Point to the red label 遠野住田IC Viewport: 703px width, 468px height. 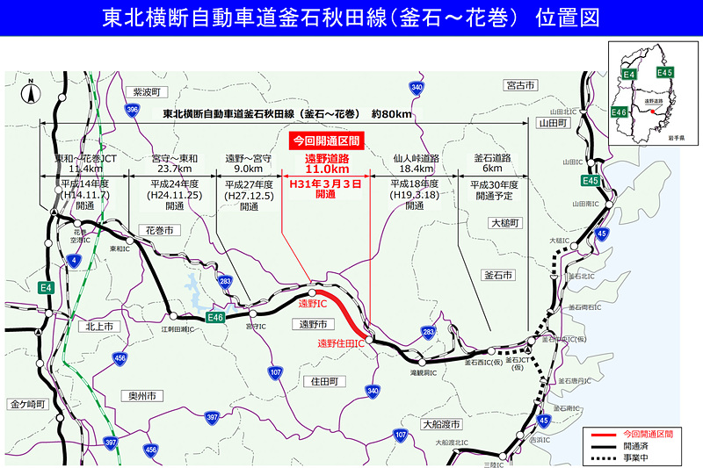(x=341, y=343)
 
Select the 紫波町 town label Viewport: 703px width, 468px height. (x=144, y=92)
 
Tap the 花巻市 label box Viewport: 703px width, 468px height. (x=158, y=230)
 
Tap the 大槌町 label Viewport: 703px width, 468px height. (x=505, y=224)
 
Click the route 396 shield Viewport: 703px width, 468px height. (x=133, y=110)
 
